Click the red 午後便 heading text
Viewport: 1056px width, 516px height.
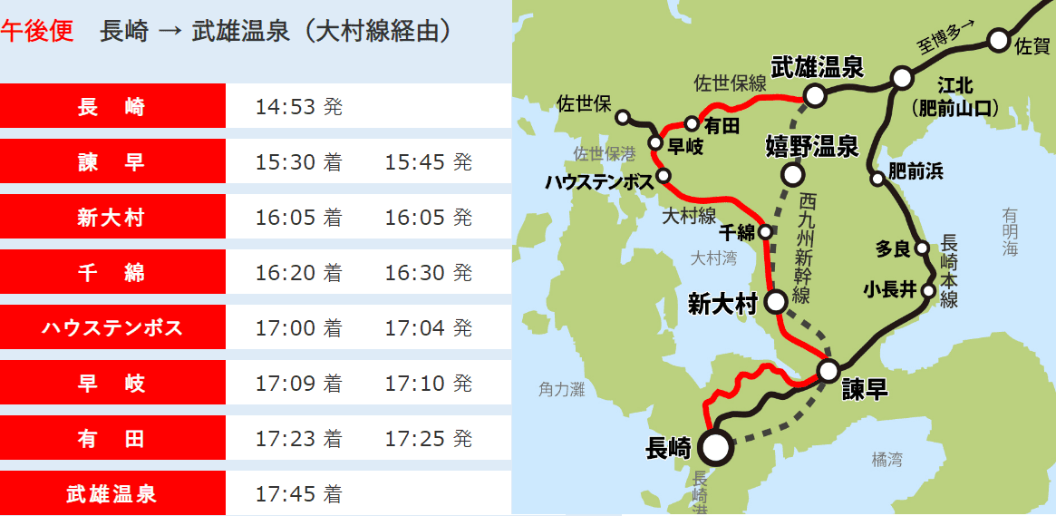point(37,31)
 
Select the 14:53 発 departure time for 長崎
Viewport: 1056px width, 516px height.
point(298,107)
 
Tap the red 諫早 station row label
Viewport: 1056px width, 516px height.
point(112,162)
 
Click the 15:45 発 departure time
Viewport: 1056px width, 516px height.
point(428,162)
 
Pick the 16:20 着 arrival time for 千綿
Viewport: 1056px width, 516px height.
point(298,273)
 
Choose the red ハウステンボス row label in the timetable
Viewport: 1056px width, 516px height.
point(112,327)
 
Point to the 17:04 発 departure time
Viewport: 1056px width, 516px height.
point(428,327)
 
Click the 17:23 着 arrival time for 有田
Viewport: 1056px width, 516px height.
point(298,439)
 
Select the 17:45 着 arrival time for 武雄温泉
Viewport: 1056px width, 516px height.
point(298,494)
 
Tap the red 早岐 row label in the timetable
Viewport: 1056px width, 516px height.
point(112,384)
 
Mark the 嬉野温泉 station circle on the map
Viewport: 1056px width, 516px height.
point(793,173)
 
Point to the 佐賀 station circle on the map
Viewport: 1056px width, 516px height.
point(998,40)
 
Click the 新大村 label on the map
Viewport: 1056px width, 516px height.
point(722,304)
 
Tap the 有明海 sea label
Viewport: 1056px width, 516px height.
point(1011,232)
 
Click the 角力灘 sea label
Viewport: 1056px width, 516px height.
point(562,389)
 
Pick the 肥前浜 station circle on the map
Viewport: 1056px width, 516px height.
point(877,179)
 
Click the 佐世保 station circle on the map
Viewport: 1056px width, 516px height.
point(623,117)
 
